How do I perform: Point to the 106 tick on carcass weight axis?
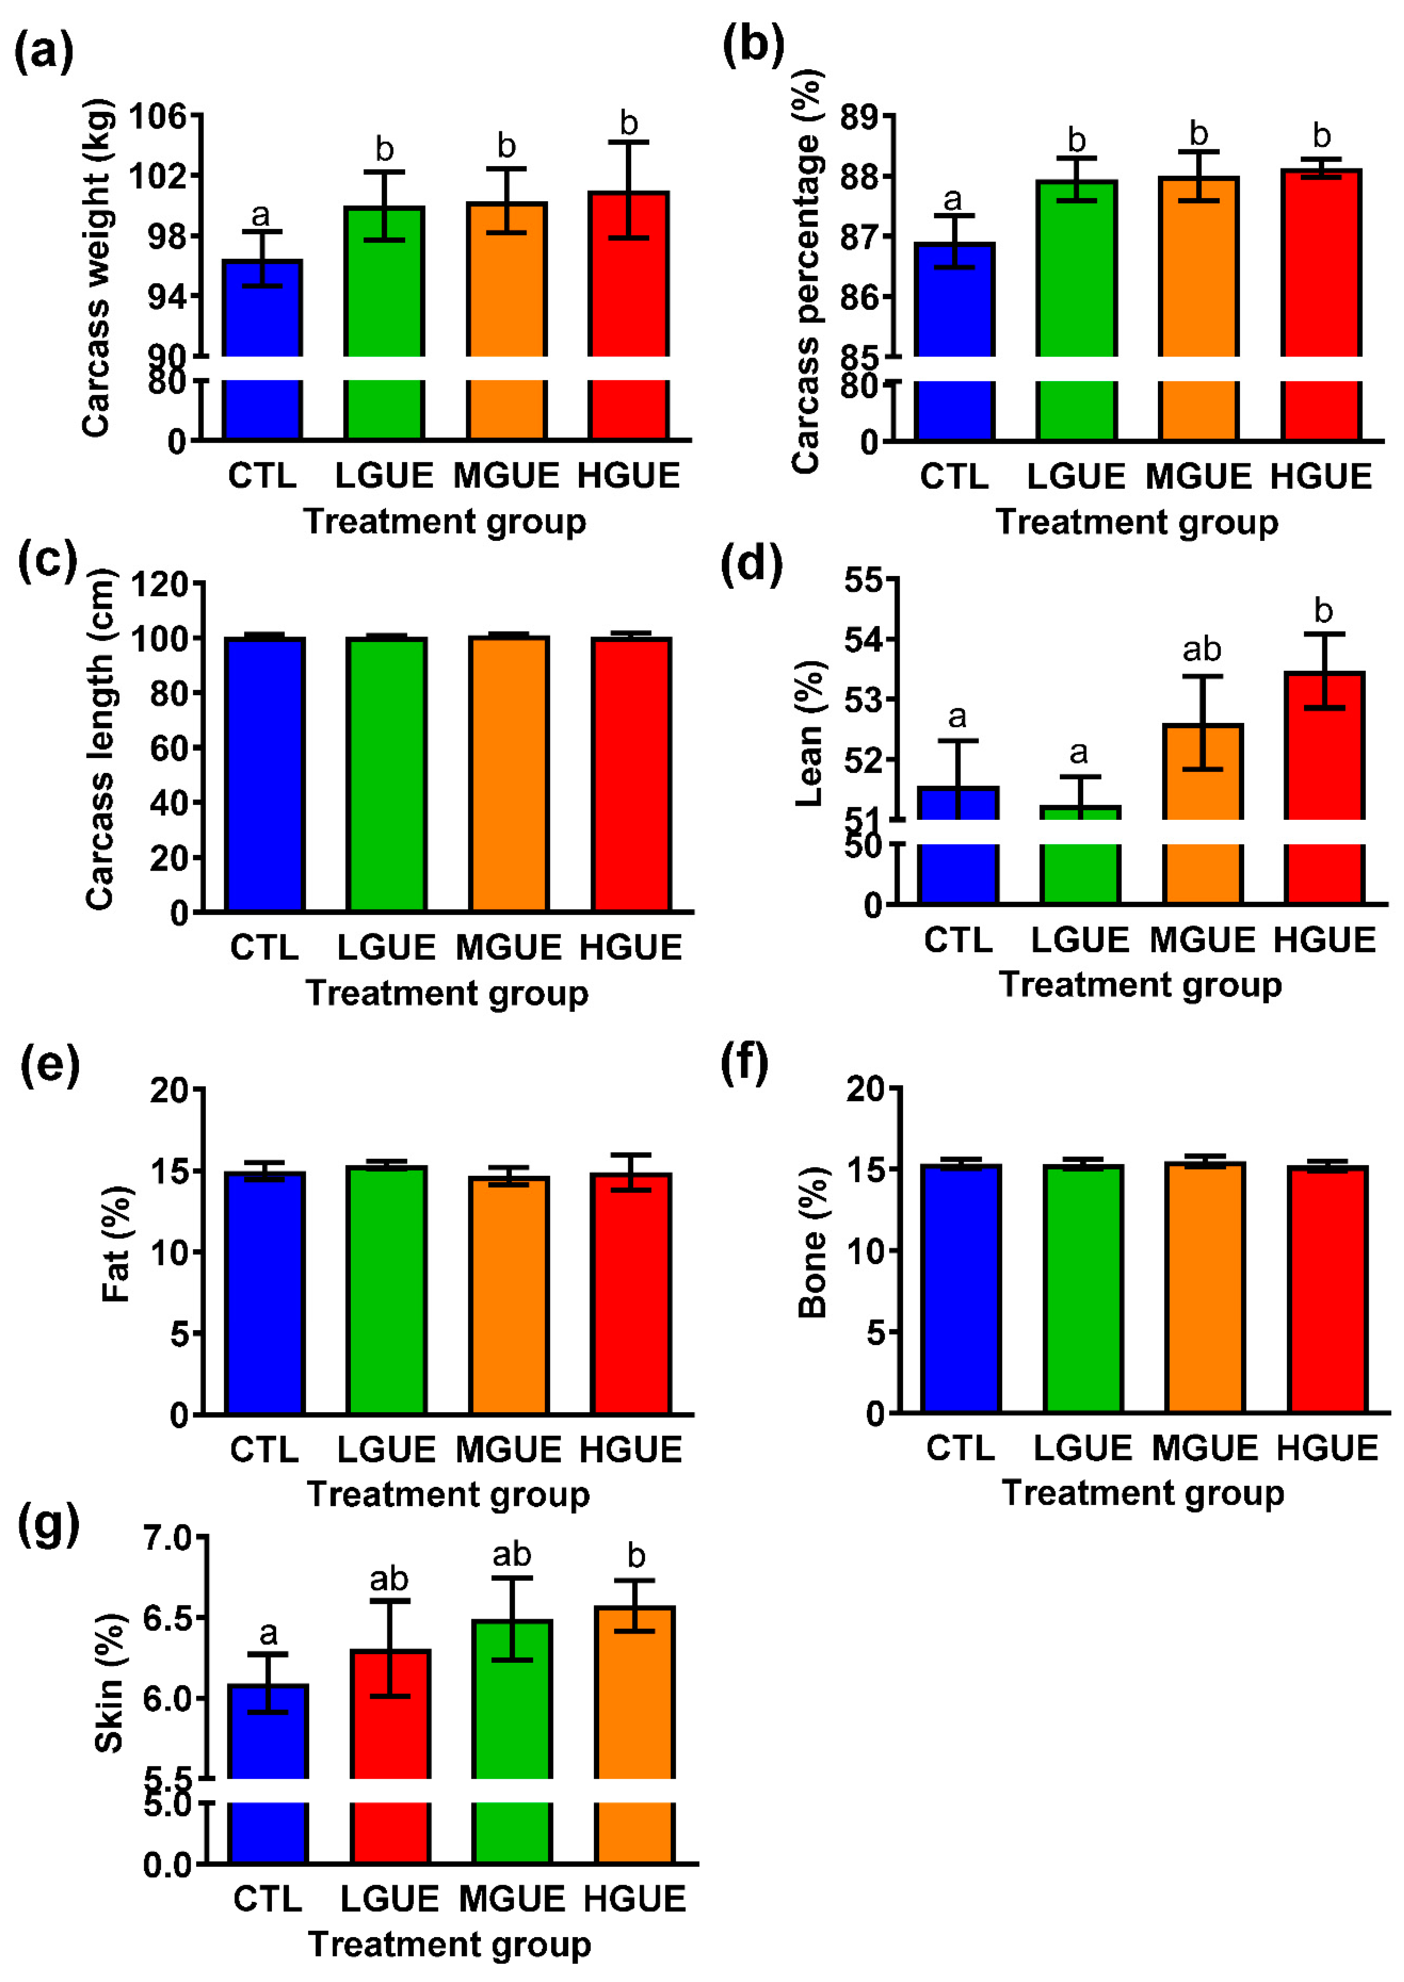[x=158, y=115]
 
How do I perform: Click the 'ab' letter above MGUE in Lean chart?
[x=1202, y=649]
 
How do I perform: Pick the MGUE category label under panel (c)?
[x=508, y=948]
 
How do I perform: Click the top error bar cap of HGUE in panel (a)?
[x=629, y=142]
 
